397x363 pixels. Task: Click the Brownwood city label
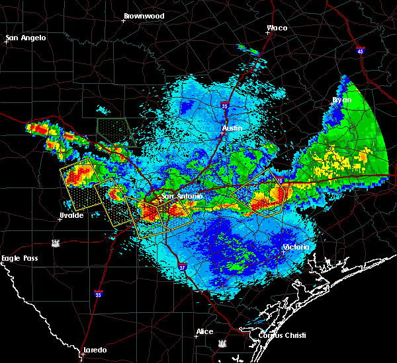[x=144, y=15]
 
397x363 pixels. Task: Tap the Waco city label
[x=277, y=28]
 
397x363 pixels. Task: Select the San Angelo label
[x=26, y=38]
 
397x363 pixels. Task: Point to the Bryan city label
[x=342, y=100]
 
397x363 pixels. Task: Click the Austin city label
[x=232, y=127]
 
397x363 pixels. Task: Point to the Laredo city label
[x=94, y=350]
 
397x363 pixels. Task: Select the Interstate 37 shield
[x=182, y=267]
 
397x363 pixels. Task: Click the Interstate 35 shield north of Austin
[x=225, y=104]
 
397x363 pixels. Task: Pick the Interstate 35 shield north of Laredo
[x=98, y=294]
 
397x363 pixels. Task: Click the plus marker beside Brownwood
[x=123, y=20]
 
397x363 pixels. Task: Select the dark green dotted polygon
[x=116, y=131]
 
